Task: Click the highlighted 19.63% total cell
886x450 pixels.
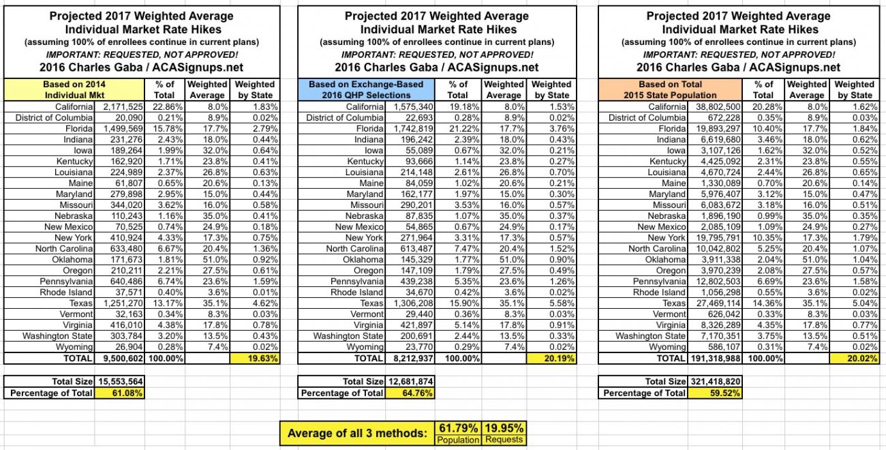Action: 255,358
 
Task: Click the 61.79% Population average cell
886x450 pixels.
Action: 457,428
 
